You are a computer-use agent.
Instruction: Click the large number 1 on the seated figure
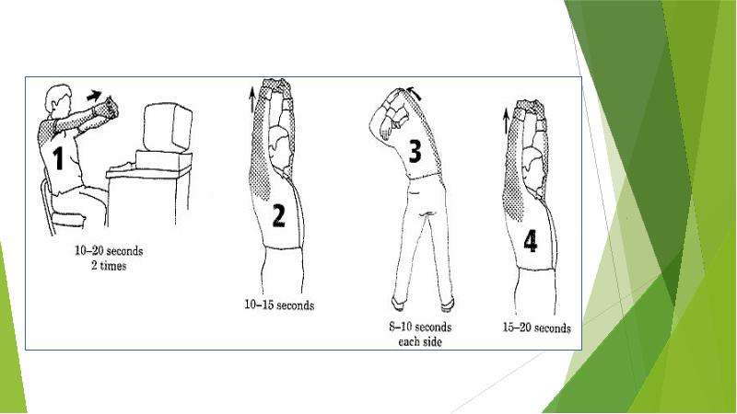pyautogui.click(x=58, y=157)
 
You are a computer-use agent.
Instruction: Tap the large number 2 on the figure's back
pyautogui.click(x=279, y=216)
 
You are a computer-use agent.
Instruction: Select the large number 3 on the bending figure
pyautogui.click(x=415, y=151)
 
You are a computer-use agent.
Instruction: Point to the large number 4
pyautogui.click(x=531, y=241)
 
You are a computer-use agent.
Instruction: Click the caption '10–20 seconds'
pyautogui.click(x=109, y=250)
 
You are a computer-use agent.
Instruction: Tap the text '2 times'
pyautogui.click(x=109, y=266)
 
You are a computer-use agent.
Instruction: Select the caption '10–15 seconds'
pyautogui.click(x=279, y=305)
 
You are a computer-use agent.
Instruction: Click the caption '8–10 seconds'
pyautogui.click(x=420, y=327)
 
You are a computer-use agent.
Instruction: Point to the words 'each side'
pyautogui.click(x=420, y=341)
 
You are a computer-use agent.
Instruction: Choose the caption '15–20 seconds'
pyautogui.click(x=537, y=328)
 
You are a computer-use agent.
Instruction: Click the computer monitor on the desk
pyautogui.click(x=168, y=127)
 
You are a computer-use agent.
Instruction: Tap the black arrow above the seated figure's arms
pyautogui.click(x=95, y=96)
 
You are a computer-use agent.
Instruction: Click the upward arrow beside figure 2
pyautogui.click(x=252, y=98)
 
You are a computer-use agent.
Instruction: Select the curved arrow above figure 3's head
pyautogui.click(x=414, y=93)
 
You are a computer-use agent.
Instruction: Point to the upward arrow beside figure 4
pyautogui.click(x=506, y=121)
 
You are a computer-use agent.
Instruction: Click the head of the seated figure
pyautogui.click(x=58, y=99)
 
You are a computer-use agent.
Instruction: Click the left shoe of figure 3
pyautogui.click(x=399, y=304)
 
